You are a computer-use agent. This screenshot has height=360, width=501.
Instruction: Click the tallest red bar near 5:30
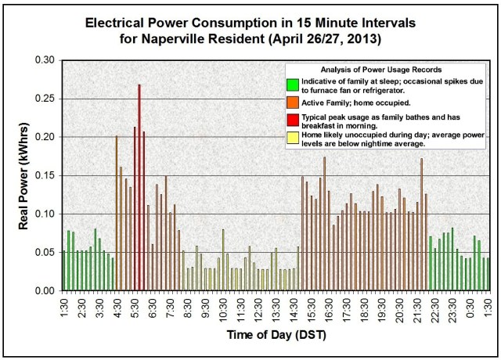pyautogui.click(x=139, y=188)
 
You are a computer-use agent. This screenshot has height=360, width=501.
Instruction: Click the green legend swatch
pyautogui.click(x=293, y=84)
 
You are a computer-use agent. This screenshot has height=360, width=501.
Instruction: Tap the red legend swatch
pyautogui.click(x=293, y=118)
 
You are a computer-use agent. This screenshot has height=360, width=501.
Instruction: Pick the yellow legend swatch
pyautogui.click(x=293, y=136)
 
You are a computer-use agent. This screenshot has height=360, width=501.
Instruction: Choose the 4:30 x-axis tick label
pyautogui.click(x=117, y=307)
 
